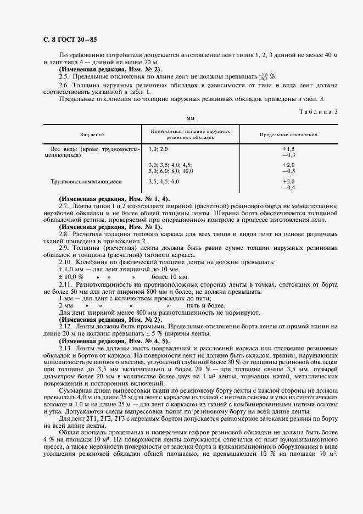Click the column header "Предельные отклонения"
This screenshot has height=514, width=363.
[x=289, y=135]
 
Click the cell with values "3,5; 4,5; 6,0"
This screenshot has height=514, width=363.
[x=164, y=181]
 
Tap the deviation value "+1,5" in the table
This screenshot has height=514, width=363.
[x=289, y=149]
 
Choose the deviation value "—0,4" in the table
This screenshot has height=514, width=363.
[x=289, y=187]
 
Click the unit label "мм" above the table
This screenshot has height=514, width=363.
[x=191, y=118]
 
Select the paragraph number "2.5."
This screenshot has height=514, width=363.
[x=64, y=76]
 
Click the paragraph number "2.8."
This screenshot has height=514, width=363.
[x=64, y=234]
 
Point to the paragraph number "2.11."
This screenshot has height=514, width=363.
[x=65, y=284]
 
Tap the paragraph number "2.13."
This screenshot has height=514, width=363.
[x=65, y=348]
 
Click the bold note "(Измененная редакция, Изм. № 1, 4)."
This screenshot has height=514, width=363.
[x=114, y=198]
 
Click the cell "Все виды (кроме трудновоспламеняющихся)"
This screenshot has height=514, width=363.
[x=95, y=152]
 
